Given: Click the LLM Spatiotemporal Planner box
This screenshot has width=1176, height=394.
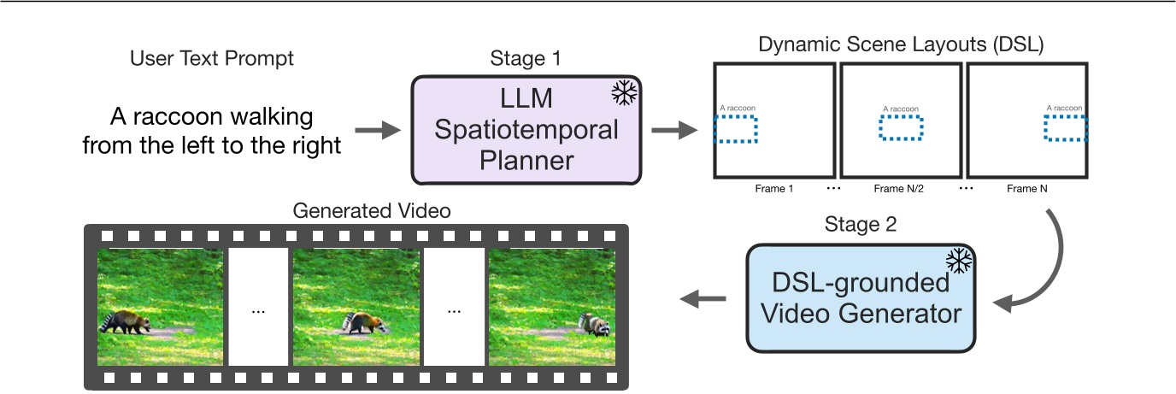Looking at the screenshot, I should tap(526, 130).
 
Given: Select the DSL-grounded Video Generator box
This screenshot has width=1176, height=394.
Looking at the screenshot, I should tap(861, 297).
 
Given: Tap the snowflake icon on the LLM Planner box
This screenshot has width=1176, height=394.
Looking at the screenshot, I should tap(626, 93).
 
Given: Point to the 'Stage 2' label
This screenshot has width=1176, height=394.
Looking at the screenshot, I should tap(861, 225).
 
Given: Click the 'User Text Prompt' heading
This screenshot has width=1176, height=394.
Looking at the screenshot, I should tap(211, 58).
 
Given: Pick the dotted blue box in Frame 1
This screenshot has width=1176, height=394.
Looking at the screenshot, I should tap(736, 128).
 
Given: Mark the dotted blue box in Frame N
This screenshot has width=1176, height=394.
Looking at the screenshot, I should tap(1066, 128).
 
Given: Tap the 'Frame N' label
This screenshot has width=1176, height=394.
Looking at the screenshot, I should tap(1027, 189).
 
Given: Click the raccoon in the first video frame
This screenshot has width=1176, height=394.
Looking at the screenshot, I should tap(126, 321).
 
